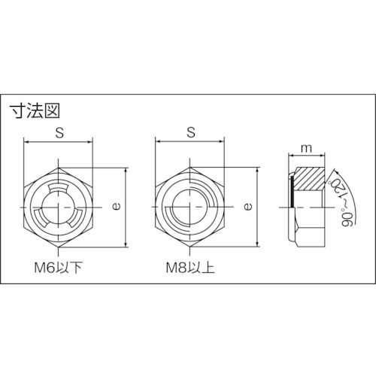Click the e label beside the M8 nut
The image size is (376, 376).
249,205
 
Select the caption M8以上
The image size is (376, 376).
190,268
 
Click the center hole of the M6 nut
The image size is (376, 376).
59,206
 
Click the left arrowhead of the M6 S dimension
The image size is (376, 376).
27,141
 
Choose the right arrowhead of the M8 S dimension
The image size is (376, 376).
223,141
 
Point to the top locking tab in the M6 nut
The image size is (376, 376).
59,187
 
